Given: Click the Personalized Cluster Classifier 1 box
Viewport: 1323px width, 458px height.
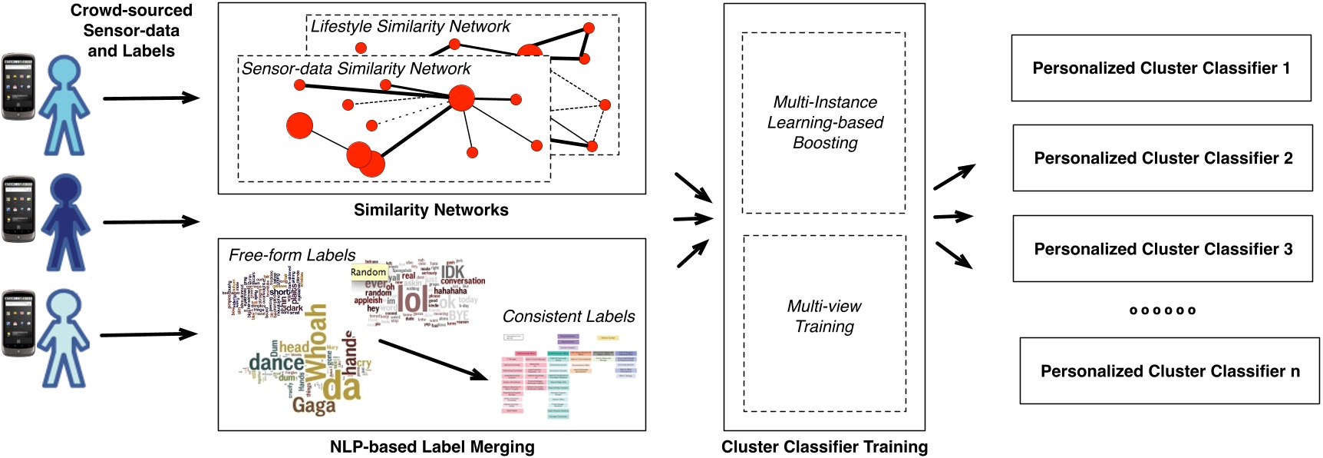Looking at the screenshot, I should pyautogui.click(x=1160, y=68).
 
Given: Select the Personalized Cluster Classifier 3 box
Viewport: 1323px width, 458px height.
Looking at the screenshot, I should pyautogui.click(x=1163, y=249).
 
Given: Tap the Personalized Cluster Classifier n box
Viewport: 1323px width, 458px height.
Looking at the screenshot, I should pyautogui.click(x=1169, y=371).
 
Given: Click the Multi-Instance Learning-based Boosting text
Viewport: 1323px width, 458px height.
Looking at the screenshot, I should pyautogui.click(x=825, y=122).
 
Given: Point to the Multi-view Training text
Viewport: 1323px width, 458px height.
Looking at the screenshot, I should pyautogui.click(x=824, y=317).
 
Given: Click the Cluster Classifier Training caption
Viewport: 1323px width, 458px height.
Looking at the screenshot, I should pyautogui.click(x=824, y=447).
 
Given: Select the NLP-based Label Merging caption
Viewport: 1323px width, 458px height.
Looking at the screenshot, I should pyautogui.click(x=432, y=447).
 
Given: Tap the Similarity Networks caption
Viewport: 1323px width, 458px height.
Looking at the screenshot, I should pyautogui.click(x=431, y=210).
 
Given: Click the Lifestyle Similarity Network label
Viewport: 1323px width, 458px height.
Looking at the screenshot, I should pyautogui.click(x=410, y=27).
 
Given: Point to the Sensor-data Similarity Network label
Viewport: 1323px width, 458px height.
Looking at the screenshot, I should pyautogui.click(x=356, y=69).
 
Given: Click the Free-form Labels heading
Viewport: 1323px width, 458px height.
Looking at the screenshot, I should pyautogui.click(x=292, y=255).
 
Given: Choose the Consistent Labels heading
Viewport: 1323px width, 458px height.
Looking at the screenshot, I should pyautogui.click(x=569, y=317).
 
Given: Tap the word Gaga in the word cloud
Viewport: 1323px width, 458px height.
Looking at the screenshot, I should pyautogui.click(x=314, y=405).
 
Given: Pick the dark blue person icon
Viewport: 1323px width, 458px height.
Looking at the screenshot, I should pyautogui.click(x=66, y=223).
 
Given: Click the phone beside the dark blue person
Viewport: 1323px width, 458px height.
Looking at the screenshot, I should pyautogui.click(x=18, y=209).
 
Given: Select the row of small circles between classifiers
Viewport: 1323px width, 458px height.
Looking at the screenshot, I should pyautogui.click(x=1163, y=310).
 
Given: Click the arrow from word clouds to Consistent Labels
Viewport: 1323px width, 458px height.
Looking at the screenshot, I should pyautogui.click(x=433, y=360).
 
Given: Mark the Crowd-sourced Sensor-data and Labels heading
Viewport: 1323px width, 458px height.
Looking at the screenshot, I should pyautogui.click(x=131, y=31).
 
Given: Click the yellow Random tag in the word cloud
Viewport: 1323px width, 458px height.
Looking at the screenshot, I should pyautogui.click(x=368, y=272).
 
